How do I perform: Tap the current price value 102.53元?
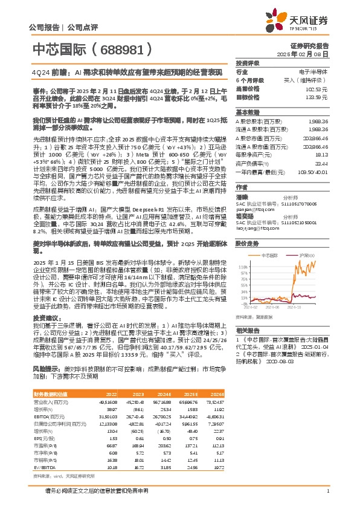coord(318,89)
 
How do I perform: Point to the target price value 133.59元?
coord(318,97)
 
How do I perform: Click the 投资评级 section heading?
coord(248,63)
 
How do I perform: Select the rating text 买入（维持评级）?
coord(309,80)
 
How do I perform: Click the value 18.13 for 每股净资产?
coord(322,154)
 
